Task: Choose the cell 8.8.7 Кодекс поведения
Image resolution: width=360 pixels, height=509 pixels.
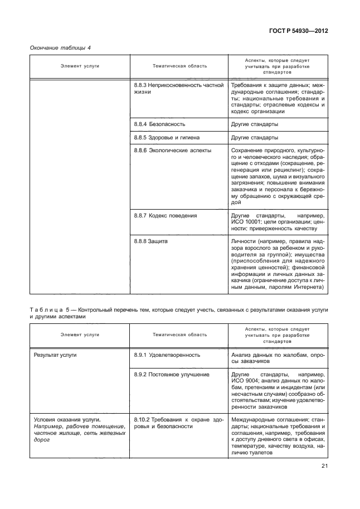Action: coord(166,215)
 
